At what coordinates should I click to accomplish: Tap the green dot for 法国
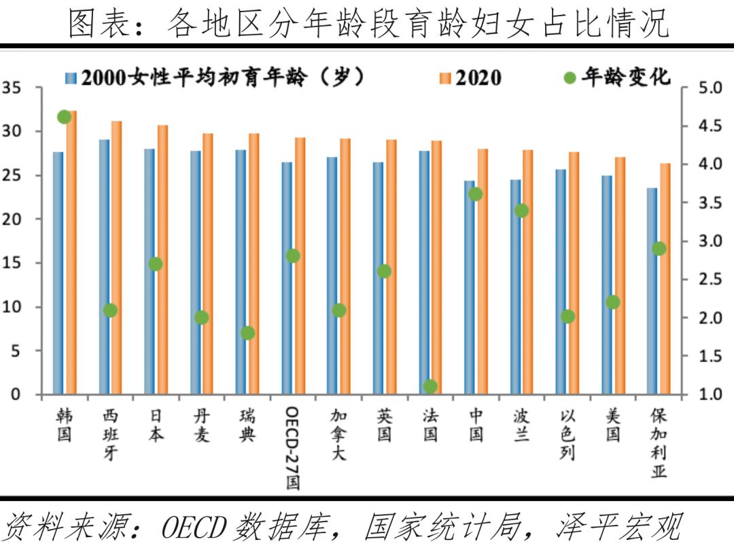(430, 386)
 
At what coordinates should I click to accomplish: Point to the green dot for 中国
(476, 194)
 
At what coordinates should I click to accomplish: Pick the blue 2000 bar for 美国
(606, 285)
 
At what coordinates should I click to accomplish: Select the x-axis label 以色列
(567, 435)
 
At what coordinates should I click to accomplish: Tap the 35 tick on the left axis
(12, 88)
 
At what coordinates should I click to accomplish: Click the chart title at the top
(367, 22)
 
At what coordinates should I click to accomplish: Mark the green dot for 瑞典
(247, 333)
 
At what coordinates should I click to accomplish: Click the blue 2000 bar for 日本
(150, 272)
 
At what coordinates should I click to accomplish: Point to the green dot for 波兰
(521, 211)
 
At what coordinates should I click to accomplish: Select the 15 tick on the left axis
(12, 263)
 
